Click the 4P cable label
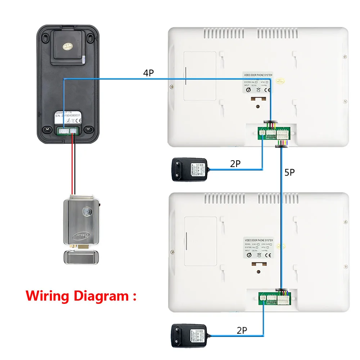tap(148, 73)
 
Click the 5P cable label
tap(289, 172)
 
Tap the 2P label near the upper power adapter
tap(235, 164)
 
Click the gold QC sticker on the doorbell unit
tap(68, 46)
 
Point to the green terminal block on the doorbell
tap(67, 131)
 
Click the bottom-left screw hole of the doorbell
tap(46, 129)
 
